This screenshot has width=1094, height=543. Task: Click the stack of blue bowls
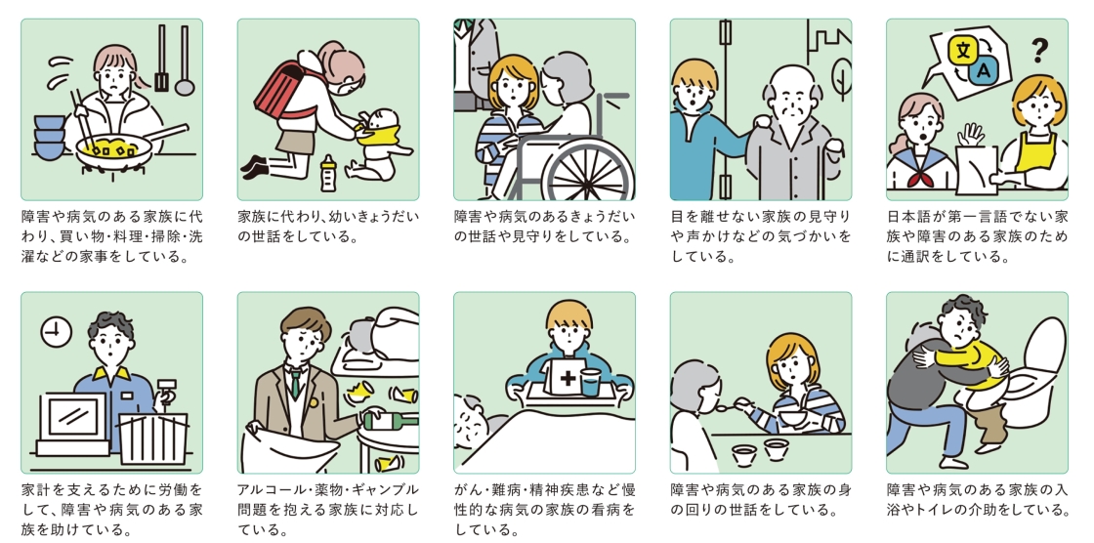pyautogui.click(x=49, y=137)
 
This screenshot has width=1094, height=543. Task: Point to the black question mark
pyautogui.click(x=1039, y=48)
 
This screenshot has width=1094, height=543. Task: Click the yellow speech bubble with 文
pyautogui.click(x=963, y=48)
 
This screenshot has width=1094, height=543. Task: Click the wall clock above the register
pyautogui.click(x=56, y=333)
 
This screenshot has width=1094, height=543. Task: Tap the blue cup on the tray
pyautogui.click(x=589, y=381)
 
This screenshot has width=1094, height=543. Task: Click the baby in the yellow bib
pyautogui.click(x=380, y=142)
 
